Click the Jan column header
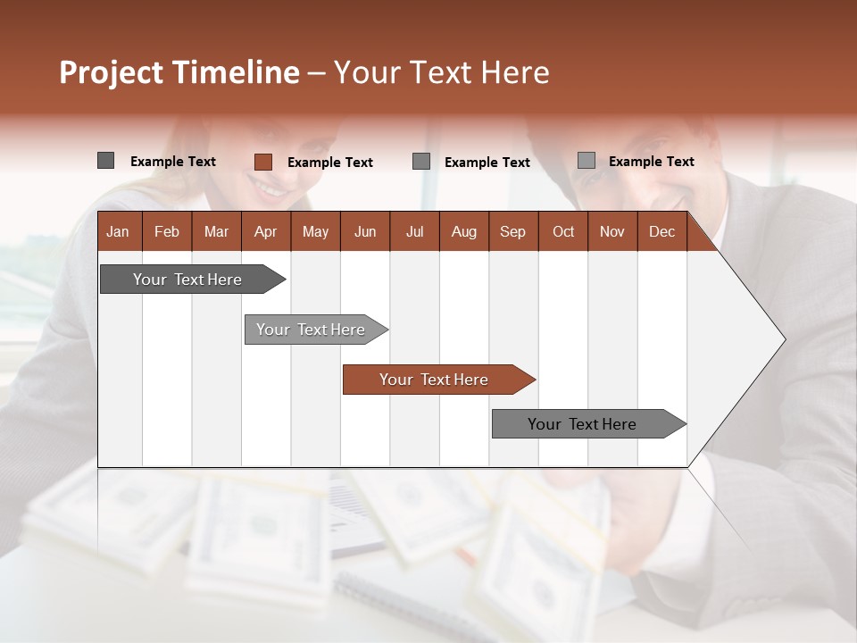click(118, 231)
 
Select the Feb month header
click(167, 231)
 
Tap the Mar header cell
click(216, 231)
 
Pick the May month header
click(315, 231)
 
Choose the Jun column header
click(365, 231)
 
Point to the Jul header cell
click(414, 231)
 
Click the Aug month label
click(464, 231)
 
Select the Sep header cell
click(512, 231)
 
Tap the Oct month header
click(563, 231)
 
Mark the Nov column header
click(612, 231)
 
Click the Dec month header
click(661, 231)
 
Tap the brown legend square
click(262, 162)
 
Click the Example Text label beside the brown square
click(329, 162)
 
